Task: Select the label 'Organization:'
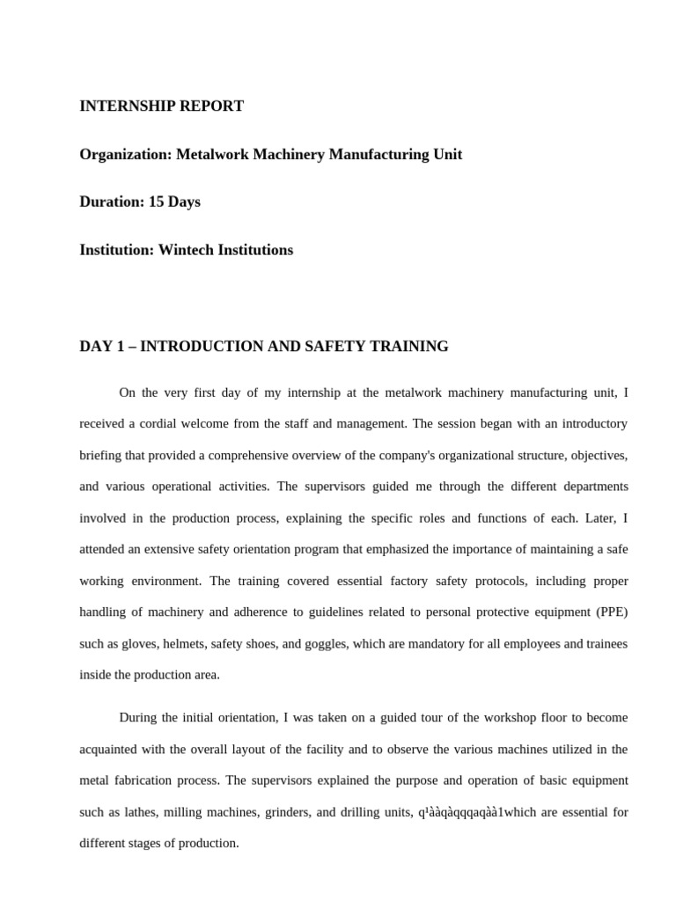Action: [126, 155]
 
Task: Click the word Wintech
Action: [187, 250]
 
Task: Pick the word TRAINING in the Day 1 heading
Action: [410, 347]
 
